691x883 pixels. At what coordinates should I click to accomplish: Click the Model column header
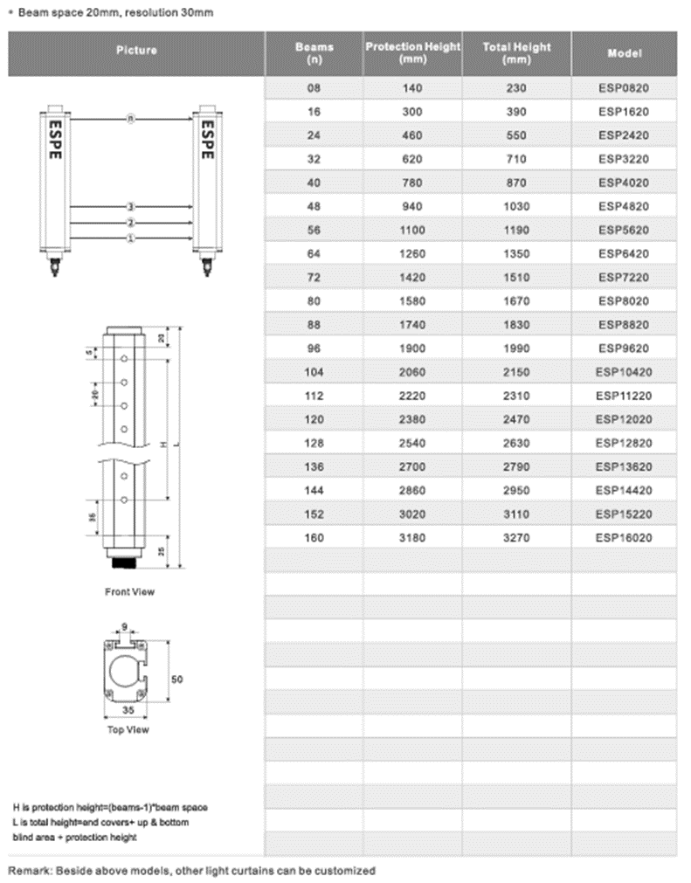pyautogui.click(x=624, y=53)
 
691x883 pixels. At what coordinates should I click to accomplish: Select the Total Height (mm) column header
pyautogui.click(x=517, y=53)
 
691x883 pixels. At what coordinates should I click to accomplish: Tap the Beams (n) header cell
pyautogui.click(x=314, y=53)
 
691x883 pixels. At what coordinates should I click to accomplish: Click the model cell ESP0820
pyautogui.click(x=624, y=88)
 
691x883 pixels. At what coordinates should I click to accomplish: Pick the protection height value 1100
pyautogui.click(x=412, y=231)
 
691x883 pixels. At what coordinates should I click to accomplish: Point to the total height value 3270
pyautogui.click(x=517, y=538)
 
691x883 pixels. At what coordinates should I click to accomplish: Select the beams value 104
pyautogui.click(x=314, y=372)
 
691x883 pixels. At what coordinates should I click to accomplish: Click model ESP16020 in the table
pyautogui.click(x=624, y=538)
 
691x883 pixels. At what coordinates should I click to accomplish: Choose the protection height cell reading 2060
pyautogui.click(x=412, y=372)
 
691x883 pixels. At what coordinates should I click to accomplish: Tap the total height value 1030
pyautogui.click(x=517, y=207)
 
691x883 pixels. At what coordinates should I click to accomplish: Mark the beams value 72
pyautogui.click(x=314, y=278)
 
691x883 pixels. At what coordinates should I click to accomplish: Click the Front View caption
pyautogui.click(x=129, y=592)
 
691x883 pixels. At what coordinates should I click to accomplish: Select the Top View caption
pyautogui.click(x=128, y=729)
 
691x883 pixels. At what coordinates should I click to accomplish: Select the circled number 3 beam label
pyautogui.click(x=131, y=207)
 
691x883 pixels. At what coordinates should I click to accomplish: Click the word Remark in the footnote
pyautogui.click(x=29, y=871)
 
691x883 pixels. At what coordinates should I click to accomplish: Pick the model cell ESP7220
pyautogui.click(x=624, y=278)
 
